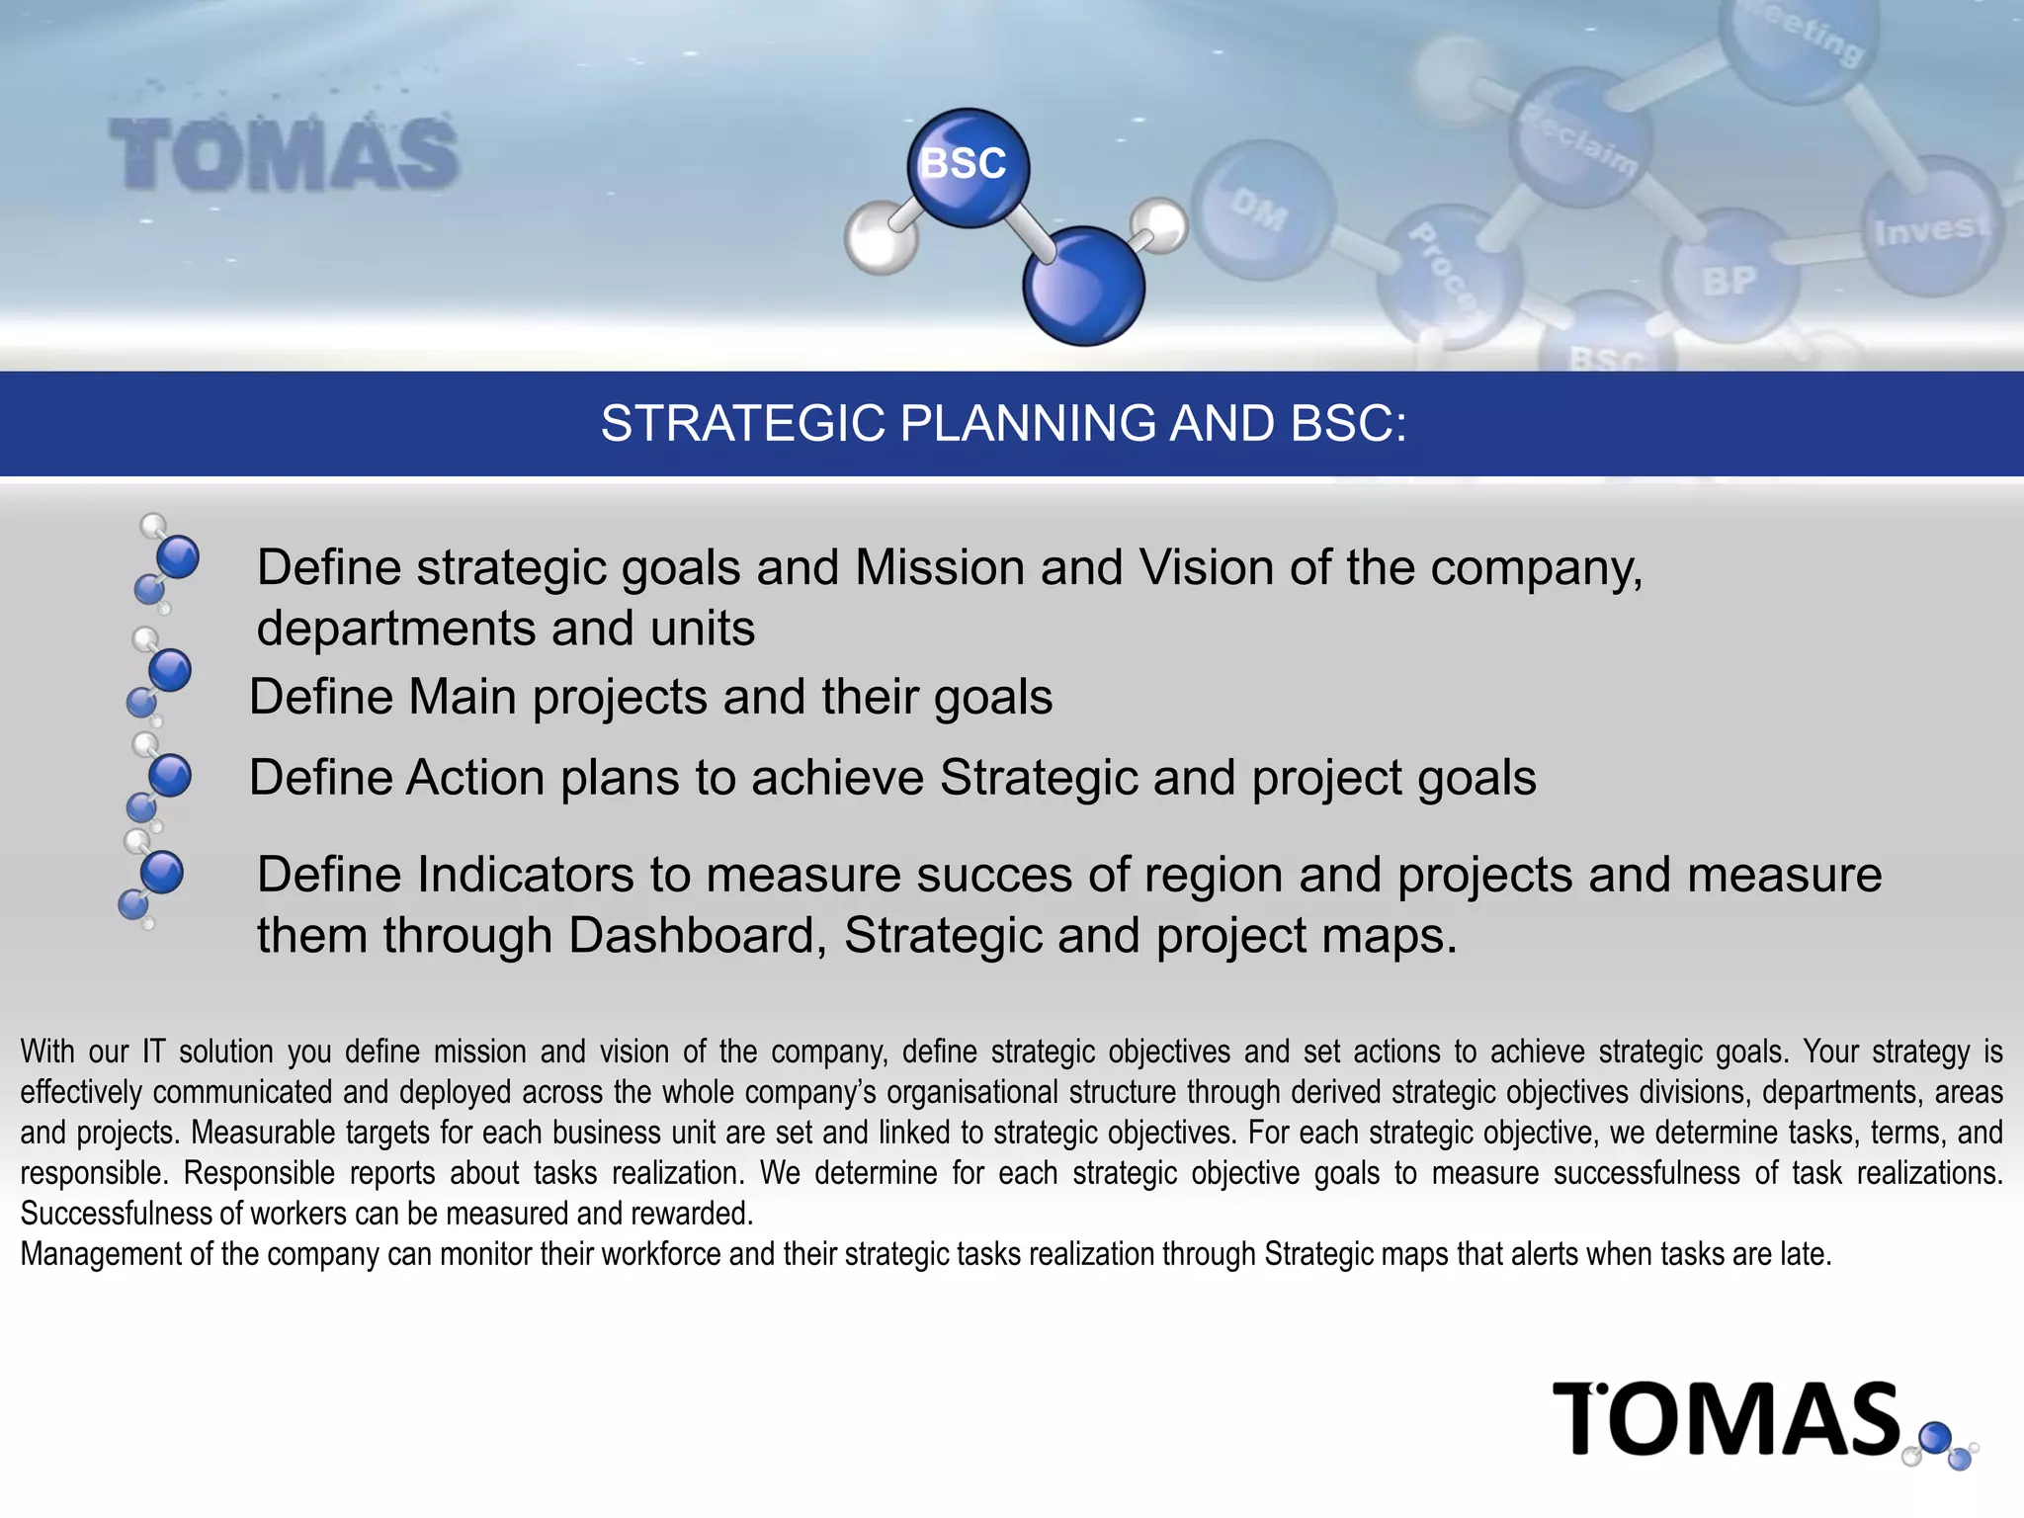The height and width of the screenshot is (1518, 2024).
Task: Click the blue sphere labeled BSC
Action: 968,167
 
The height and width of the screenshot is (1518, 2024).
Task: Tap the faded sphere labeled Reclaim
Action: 1579,138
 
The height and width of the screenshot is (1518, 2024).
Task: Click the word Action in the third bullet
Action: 474,778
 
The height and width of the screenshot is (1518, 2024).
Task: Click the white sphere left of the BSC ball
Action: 879,238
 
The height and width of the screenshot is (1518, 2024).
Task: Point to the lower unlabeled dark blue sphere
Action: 1083,287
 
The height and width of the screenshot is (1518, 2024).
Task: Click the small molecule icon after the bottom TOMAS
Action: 1943,1445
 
